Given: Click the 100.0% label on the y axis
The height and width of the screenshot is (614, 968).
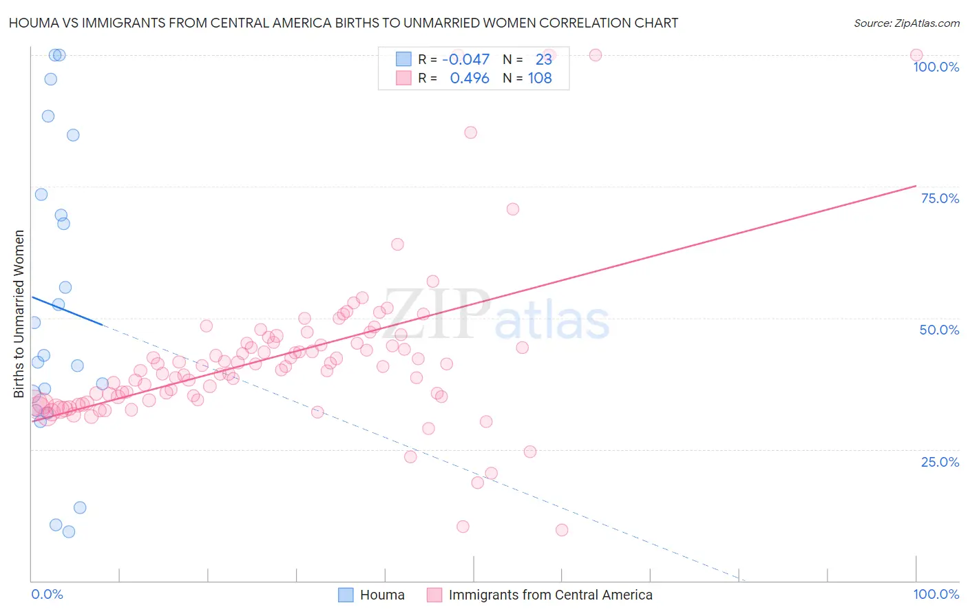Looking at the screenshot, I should tap(936, 67).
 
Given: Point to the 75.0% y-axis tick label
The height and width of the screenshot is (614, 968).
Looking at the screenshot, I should tap(940, 198).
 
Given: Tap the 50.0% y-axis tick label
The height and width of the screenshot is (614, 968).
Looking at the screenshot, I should tap(939, 330).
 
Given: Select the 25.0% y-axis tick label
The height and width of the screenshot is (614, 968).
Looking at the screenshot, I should tap(940, 461).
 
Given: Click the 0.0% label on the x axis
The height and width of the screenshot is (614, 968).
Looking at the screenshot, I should tap(47, 594).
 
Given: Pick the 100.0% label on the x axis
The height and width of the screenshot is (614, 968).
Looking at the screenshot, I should tap(936, 594).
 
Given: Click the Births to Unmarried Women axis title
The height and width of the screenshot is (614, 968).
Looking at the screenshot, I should tap(19, 314).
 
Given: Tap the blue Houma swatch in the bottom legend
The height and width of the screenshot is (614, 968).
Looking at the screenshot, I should tap(346, 595).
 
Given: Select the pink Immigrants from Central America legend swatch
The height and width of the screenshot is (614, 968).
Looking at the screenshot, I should tap(434, 595).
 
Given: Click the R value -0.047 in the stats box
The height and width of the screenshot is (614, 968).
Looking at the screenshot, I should tap(466, 59).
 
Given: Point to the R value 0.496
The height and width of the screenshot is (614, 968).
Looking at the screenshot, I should tap(470, 78).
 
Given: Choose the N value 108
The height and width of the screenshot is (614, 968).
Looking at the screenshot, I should tap(540, 78).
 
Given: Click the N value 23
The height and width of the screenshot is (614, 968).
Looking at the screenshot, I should tap(544, 59).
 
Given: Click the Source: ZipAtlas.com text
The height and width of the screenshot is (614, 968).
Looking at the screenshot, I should tap(906, 23).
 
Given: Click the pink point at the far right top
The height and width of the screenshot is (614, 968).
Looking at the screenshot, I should tap(916, 55).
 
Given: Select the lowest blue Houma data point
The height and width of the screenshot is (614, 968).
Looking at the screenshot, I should tap(69, 531).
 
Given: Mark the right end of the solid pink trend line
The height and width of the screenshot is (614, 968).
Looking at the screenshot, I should tap(916, 186).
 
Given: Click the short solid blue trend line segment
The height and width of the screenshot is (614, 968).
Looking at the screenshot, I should tap(67, 310).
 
